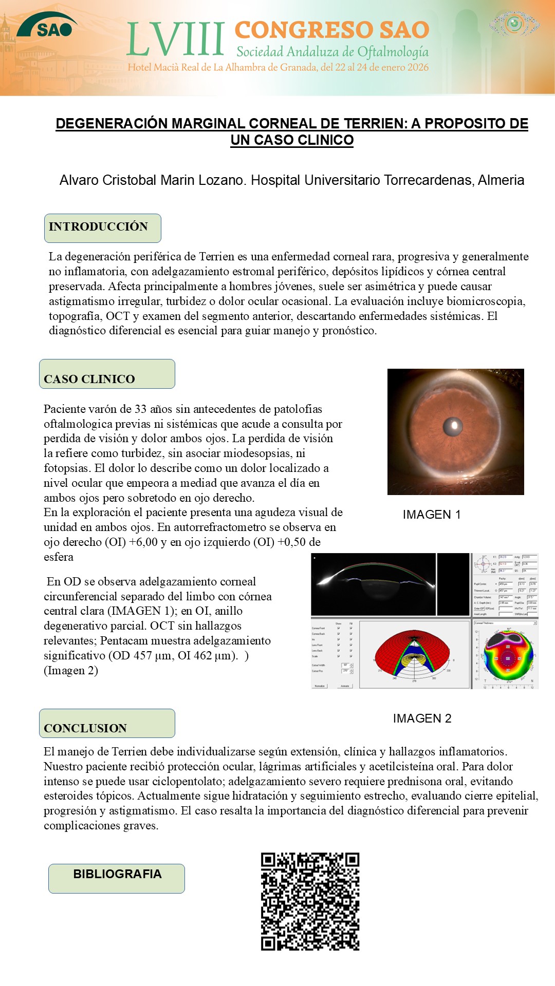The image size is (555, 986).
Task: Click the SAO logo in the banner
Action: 47,27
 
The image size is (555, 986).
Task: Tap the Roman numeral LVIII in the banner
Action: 176,40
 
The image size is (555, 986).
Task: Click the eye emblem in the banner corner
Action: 514,24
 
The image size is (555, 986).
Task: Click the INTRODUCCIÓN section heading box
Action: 103,228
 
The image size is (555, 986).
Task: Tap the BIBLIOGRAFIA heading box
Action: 117,878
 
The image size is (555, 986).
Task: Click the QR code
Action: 310,901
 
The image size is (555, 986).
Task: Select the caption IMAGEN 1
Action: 432,515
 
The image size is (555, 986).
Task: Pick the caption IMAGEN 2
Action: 422,718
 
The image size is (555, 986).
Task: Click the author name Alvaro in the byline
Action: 79,180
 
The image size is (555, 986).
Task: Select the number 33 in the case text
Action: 140,409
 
